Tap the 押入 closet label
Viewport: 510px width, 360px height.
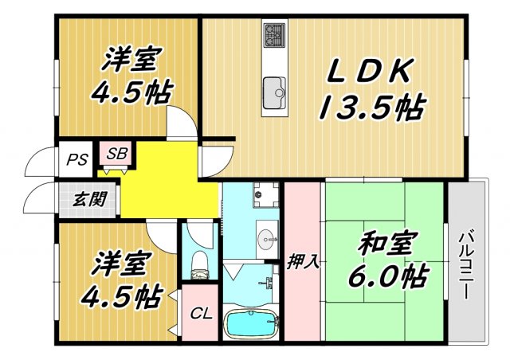[304, 262]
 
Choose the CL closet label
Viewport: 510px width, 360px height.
[200, 313]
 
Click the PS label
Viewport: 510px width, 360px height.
[76, 159]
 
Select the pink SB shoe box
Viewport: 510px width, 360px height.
[117, 154]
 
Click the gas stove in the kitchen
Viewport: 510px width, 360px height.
[275, 35]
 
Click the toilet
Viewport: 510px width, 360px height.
[199, 264]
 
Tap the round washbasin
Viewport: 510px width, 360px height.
[268, 236]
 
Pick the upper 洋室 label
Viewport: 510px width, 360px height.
[132, 59]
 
